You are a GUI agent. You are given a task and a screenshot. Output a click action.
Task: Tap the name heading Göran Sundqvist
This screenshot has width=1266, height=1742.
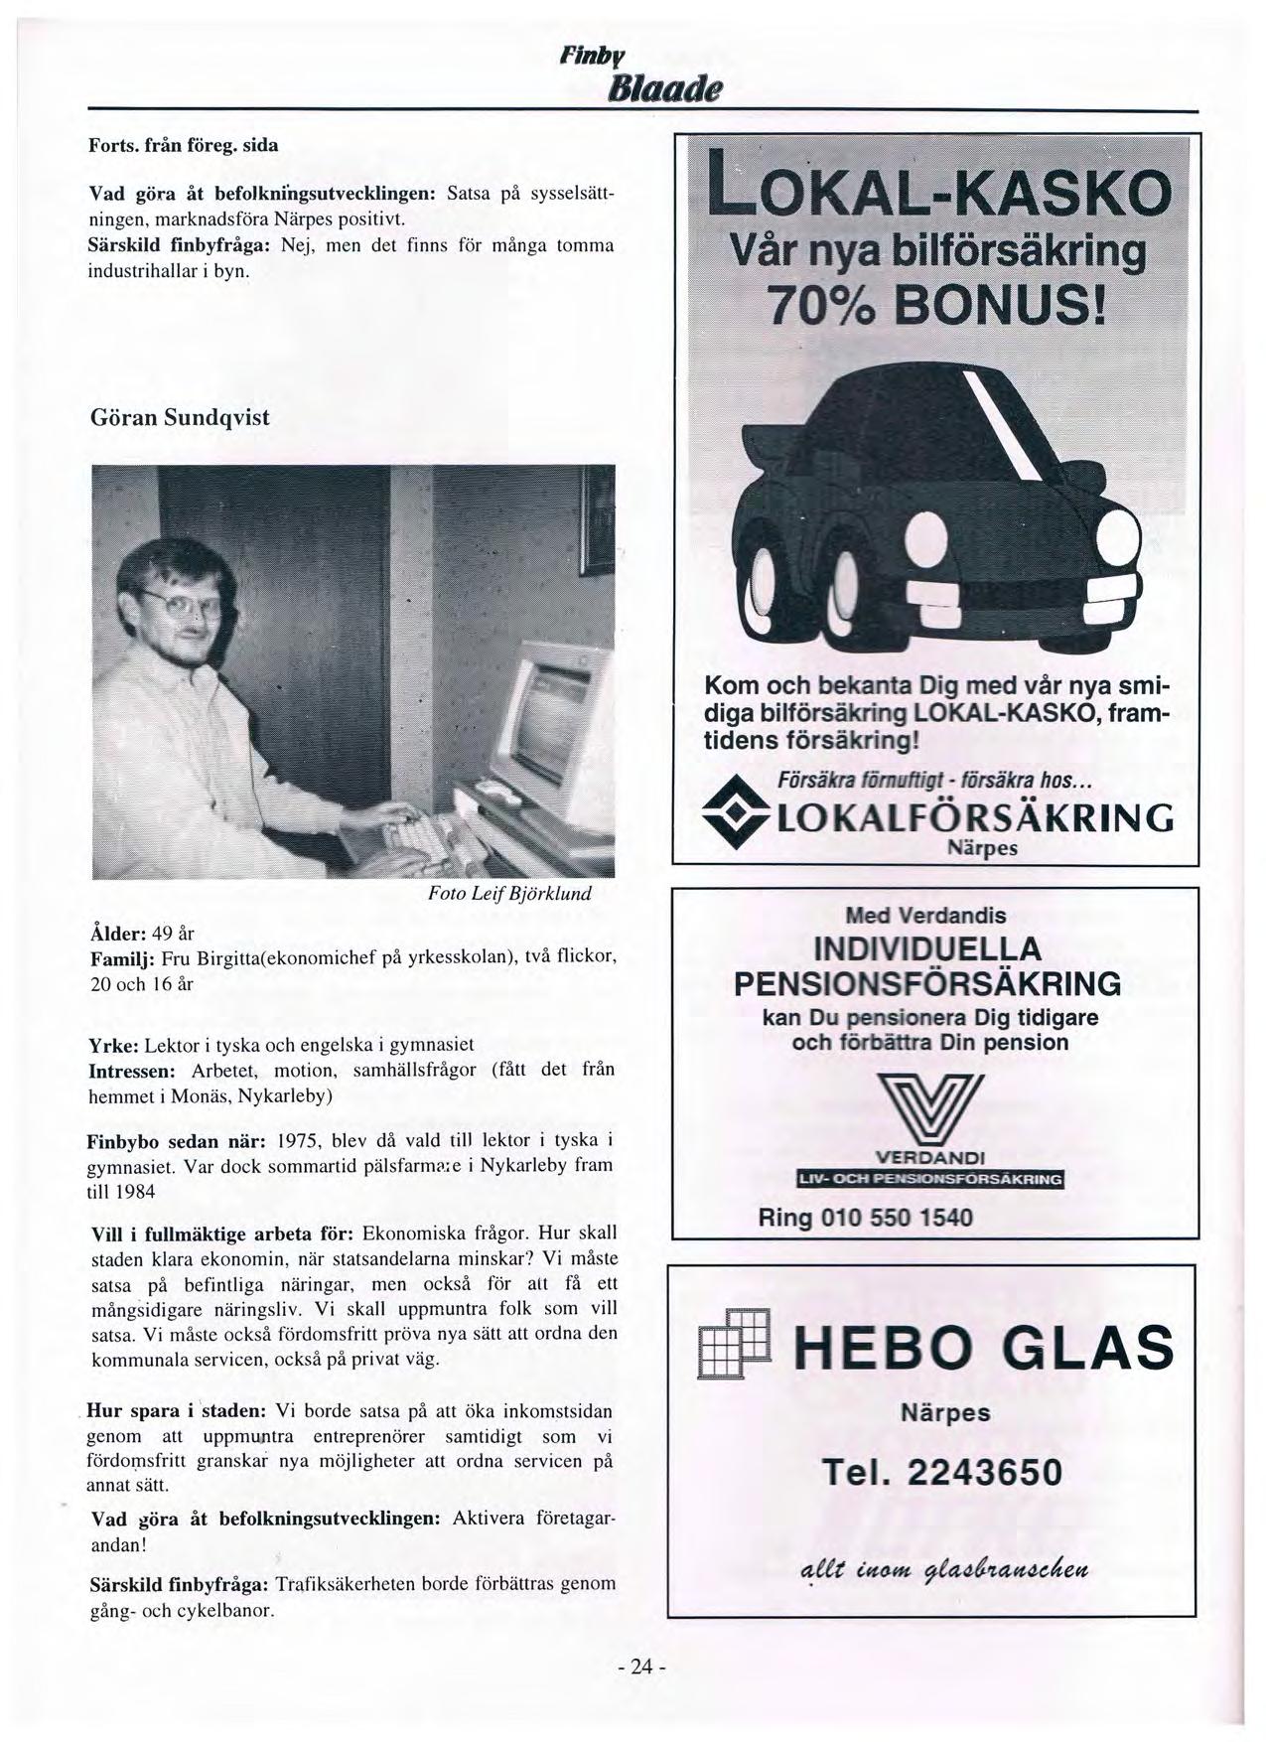point(179,416)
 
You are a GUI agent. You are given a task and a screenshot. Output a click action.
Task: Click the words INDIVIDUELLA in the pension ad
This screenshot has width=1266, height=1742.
point(927,949)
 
